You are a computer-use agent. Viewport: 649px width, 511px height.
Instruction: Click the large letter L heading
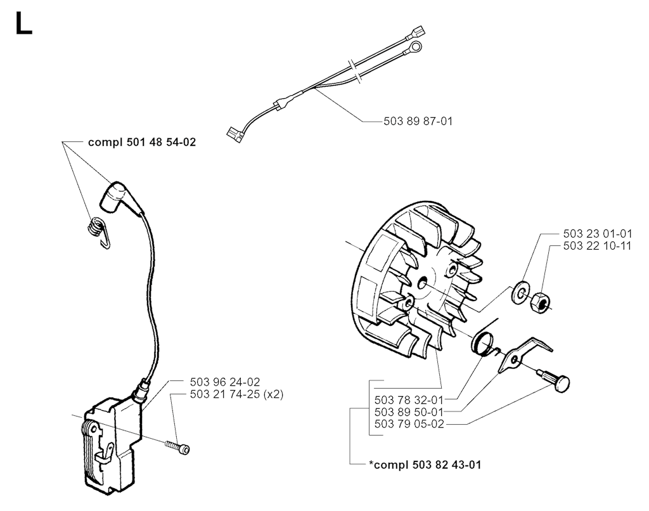click(23, 23)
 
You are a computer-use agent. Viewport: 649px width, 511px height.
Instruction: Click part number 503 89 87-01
click(418, 121)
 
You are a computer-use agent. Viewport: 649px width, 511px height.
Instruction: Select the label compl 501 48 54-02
click(142, 143)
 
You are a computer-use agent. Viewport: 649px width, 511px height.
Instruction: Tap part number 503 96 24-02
click(225, 382)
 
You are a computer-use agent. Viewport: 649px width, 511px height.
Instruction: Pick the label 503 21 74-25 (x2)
click(237, 394)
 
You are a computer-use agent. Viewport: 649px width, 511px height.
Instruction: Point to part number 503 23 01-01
click(597, 233)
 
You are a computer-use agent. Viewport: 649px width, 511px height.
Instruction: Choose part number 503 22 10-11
click(597, 246)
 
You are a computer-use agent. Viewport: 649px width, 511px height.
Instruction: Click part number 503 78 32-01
click(409, 400)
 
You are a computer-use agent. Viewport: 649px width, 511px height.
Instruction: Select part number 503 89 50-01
click(409, 413)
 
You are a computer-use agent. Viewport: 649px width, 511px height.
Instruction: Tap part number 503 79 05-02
click(409, 424)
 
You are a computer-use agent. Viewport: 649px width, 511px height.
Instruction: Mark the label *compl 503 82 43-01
click(425, 465)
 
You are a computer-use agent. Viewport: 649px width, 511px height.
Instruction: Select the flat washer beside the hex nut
click(520, 292)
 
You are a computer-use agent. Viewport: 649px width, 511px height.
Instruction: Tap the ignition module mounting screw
click(177, 447)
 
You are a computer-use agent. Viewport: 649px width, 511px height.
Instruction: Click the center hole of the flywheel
click(422, 283)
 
